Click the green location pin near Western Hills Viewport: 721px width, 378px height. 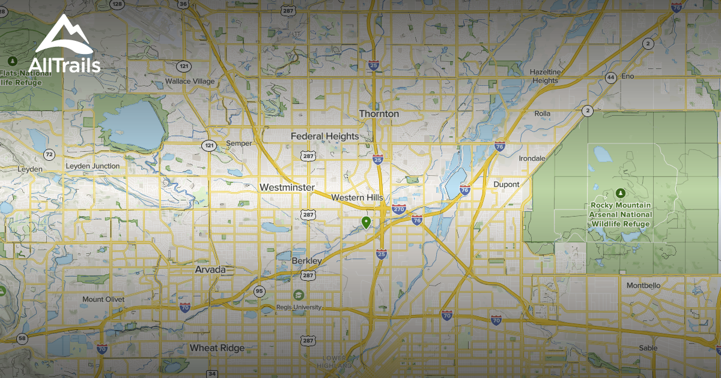coord(365,223)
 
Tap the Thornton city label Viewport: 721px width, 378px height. coord(379,113)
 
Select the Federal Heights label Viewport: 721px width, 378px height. coord(324,136)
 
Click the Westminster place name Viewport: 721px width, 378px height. coord(287,187)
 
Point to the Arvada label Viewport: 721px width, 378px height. coord(210,269)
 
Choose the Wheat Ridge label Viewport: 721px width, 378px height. coord(217,348)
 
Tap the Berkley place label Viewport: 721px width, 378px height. coord(307,261)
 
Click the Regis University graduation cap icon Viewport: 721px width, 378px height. coord(299,295)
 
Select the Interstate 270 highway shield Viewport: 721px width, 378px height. coord(398,209)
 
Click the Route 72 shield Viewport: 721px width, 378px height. coord(49,155)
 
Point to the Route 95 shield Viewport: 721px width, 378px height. coord(259,292)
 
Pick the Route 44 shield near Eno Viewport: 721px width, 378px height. coord(610,77)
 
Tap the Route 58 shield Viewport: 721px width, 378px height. coord(22,339)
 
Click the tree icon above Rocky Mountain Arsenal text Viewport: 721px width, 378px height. coord(620,193)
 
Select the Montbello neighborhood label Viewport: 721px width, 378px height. coord(643,285)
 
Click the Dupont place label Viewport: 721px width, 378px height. coord(506,184)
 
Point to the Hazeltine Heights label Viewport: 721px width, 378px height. coord(545,76)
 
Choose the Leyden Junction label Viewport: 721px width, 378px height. coord(92,166)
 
